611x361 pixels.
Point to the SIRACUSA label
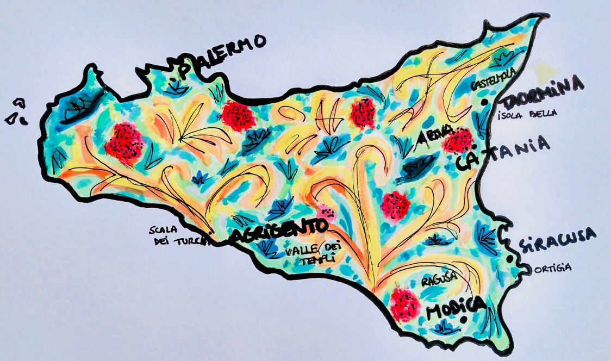pyautogui.click(x=557, y=240)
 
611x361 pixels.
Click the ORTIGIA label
pyautogui.click(x=552, y=267)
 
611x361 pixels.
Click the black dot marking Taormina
pyautogui.click(x=483, y=102)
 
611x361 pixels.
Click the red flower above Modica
pyautogui.click(x=405, y=303)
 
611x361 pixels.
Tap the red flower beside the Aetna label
pyautogui.click(x=458, y=140)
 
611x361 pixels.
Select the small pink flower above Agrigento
pyautogui.click(x=327, y=211)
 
